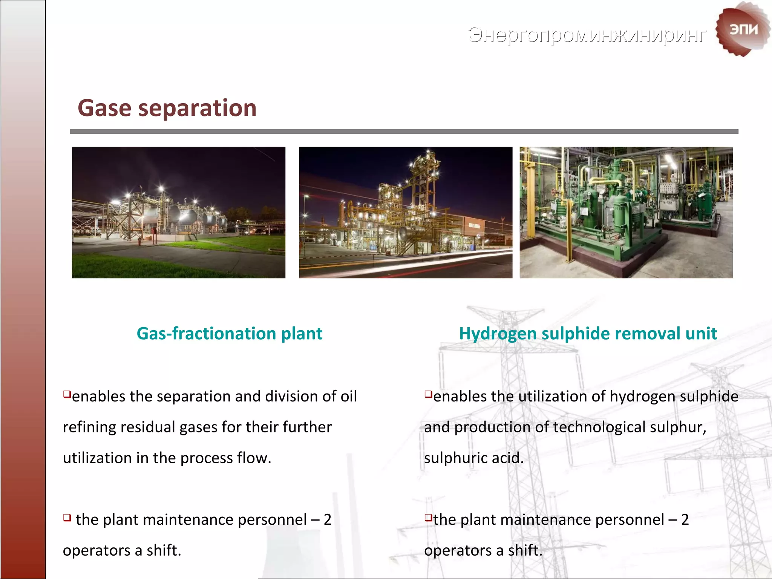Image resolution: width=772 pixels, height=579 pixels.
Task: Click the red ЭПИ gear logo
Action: tap(742, 29)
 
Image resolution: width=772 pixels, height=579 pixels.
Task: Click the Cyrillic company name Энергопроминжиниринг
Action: tap(587, 35)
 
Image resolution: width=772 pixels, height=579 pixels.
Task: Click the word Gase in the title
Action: tap(104, 108)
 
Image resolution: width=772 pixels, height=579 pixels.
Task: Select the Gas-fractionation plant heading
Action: tap(229, 334)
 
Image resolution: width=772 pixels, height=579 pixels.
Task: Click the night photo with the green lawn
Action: tap(179, 213)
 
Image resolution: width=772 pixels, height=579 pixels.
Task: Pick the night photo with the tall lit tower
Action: tap(406, 213)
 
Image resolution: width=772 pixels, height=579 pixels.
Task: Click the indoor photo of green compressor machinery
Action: tap(626, 213)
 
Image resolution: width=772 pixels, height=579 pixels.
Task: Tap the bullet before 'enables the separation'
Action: tap(67, 394)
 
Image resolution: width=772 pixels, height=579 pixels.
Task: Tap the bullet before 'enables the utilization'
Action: tap(428, 394)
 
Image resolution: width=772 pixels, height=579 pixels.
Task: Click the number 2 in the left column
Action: tap(327, 520)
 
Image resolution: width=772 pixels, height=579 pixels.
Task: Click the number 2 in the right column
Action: tap(685, 520)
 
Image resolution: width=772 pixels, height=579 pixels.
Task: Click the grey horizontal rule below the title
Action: tap(404, 132)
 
